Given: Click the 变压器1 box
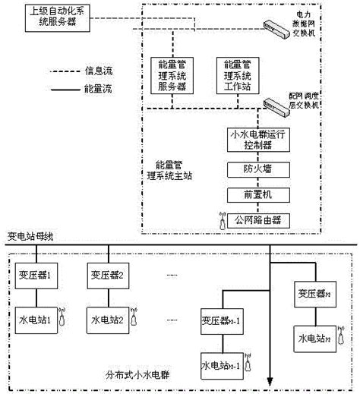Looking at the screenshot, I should (33, 275).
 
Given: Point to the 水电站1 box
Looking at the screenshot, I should (33, 319).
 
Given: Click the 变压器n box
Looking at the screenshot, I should (312, 292).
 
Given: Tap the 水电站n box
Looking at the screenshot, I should (312, 336).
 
